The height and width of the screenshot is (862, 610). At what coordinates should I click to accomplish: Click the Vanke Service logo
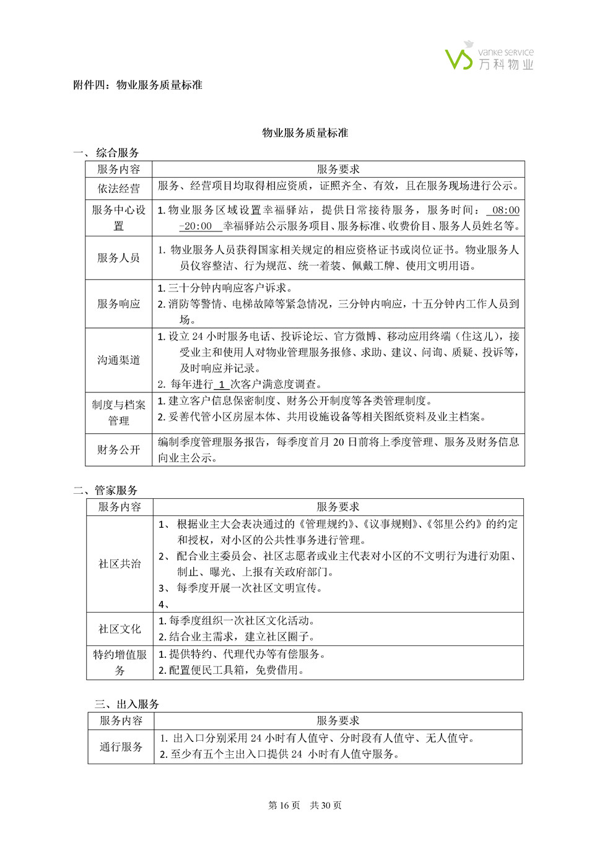coord(489,56)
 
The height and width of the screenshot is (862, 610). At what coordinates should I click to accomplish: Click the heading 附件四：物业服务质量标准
coord(137,85)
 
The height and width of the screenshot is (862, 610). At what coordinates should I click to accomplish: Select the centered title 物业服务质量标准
coord(305,132)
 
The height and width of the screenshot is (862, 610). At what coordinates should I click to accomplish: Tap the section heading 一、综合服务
coord(106,152)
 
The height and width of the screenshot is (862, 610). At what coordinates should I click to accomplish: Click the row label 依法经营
coord(118,188)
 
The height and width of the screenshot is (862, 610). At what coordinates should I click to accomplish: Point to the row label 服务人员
coord(118,257)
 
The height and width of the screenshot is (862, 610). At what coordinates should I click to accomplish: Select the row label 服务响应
coord(118,304)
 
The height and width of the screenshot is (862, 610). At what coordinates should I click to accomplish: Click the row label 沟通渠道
coord(118,360)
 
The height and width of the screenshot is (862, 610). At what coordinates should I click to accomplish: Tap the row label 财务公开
coord(118,449)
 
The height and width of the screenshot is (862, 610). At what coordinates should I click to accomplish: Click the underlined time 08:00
coord(505,210)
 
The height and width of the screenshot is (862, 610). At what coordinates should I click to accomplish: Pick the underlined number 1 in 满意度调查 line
coord(221,384)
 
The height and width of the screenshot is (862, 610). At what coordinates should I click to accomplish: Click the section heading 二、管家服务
coord(105,490)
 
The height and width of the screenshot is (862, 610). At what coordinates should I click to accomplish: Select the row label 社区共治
coord(120,564)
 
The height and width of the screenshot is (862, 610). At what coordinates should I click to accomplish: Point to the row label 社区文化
coord(120,629)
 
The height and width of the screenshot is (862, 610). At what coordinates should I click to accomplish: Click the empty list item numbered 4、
coord(163,605)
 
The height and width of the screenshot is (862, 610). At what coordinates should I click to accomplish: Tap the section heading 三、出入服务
coord(127,704)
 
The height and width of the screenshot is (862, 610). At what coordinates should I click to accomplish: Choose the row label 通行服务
coord(121,747)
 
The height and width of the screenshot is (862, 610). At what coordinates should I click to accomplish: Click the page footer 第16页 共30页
coord(305,805)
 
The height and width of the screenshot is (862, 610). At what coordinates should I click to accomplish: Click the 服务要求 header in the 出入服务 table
coord(338,720)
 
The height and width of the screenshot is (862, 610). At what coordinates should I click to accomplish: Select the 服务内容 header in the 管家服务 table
coord(120,507)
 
